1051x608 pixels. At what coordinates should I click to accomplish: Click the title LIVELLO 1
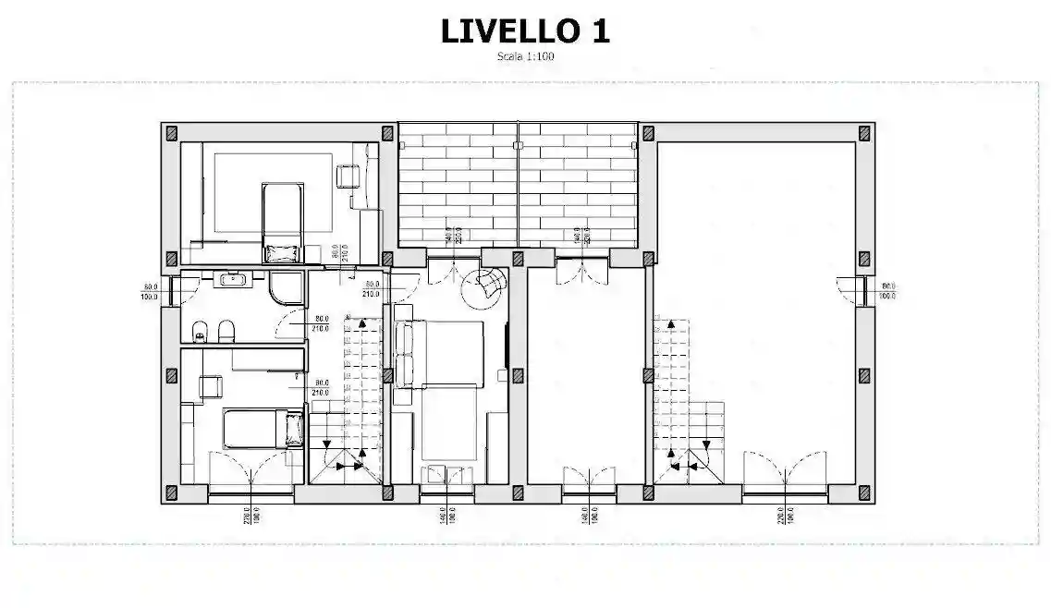[x=524, y=30]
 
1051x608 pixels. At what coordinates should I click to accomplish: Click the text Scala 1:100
[x=524, y=56]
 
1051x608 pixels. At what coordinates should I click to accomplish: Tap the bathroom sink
[x=233, y=277]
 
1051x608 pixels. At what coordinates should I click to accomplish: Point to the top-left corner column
[x=170, y=132]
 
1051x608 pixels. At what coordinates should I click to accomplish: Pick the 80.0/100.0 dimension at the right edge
[x=890, y=291]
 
